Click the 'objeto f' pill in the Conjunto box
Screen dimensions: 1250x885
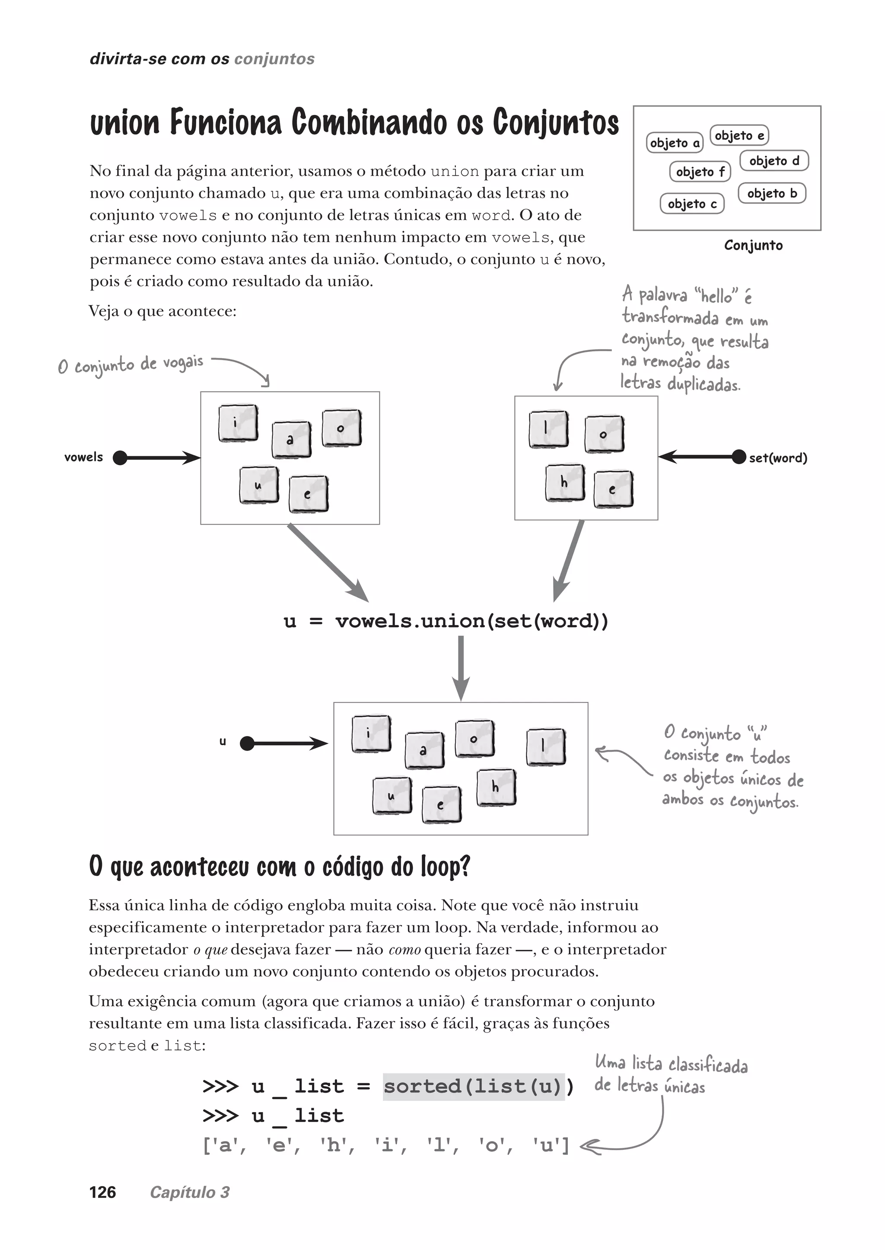(x=700, y=172)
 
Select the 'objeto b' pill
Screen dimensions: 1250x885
(x=772, y=194)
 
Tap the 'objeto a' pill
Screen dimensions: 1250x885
(x=675, y=143)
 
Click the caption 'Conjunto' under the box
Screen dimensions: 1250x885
(x=753, y=246)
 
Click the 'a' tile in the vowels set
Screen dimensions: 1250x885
(x=291, y=439)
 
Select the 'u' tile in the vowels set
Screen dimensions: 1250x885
(x=259, y=485)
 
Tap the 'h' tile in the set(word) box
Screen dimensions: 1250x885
(x=564, y=482)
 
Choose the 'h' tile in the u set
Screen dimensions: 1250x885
(x=496, y=787)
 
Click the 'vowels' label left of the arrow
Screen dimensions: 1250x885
(x=83, y=457)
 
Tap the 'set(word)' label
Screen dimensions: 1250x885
(x=778, y=458)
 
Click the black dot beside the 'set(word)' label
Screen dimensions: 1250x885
(x=739, y=457)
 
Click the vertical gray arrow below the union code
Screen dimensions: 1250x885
(x=461, y=668)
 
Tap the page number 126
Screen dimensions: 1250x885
(x=102, y=1192)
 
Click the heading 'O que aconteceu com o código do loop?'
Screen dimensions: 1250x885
(x=279, y=866)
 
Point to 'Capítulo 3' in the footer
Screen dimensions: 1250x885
(x=190, y=1192)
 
